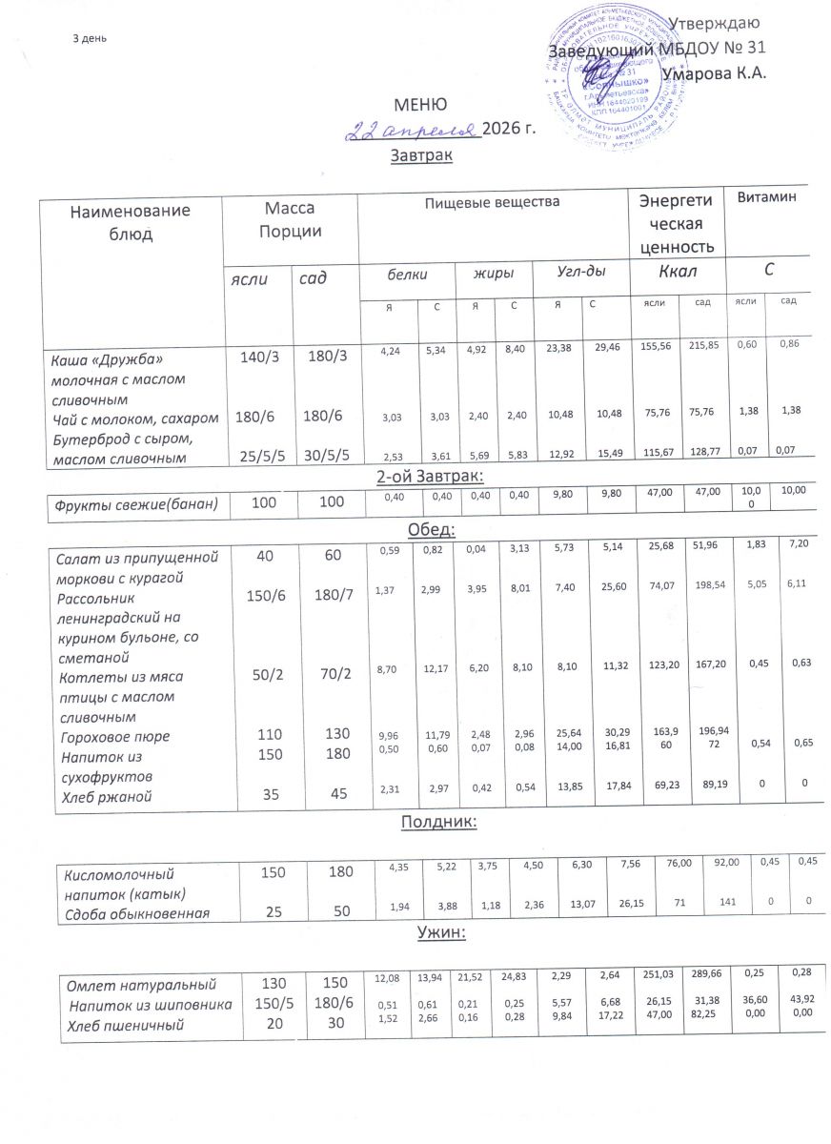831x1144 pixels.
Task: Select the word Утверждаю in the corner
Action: point(714,23)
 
